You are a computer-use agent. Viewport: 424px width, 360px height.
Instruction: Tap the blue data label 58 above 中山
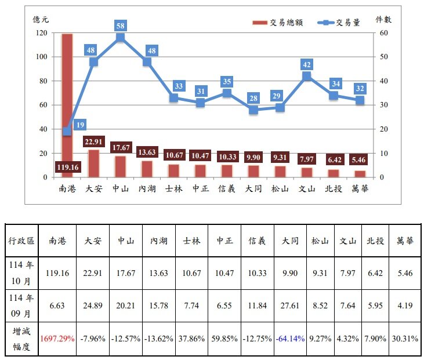(x=120, y=26)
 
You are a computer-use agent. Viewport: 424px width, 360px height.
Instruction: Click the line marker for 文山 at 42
(x=307, y=76)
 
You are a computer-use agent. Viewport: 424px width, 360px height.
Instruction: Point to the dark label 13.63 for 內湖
(x=147, y=152)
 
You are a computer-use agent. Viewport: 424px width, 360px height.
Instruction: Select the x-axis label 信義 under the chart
(x=227, y=188)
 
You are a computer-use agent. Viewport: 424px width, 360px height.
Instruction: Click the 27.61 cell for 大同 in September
(x=290, y=306)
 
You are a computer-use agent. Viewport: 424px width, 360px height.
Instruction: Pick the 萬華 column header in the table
(x=405, y=241)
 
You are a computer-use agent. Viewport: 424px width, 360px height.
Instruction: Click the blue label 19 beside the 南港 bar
(x=80, y=125)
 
